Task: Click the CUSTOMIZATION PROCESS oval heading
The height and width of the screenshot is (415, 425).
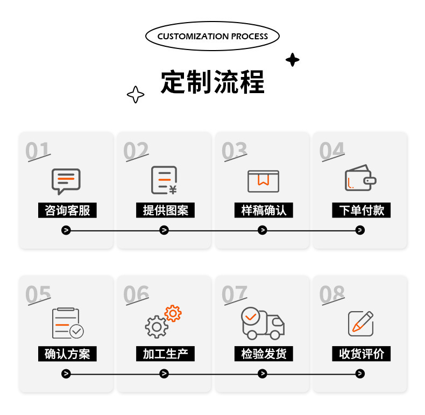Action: pos(212,36)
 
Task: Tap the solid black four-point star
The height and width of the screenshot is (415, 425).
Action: pos(293,60)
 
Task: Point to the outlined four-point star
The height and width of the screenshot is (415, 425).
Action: pos(136,94)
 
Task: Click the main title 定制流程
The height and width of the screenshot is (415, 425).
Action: pos(212,82)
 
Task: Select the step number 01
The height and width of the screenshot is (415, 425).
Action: pos(38,151)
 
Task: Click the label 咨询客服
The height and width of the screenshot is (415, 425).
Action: pos(67,210)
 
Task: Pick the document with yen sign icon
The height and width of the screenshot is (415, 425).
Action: pos(164,180)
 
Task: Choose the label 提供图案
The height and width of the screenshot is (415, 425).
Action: pos(165,210)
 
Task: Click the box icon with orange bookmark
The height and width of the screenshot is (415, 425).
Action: pos(263,181)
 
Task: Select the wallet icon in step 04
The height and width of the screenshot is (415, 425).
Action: pos(360,178)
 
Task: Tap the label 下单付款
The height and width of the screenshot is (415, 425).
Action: pos(362,210)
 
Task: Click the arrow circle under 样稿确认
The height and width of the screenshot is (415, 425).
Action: pos(262,230)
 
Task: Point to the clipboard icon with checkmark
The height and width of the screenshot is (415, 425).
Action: pos(68,323)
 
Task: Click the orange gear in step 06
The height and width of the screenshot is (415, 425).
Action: pos(173,314)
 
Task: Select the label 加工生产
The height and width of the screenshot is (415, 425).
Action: pos(165,354)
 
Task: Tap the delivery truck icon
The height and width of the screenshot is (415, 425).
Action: pos(263,323)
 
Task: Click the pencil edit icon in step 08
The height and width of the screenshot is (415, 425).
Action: pos(361,323)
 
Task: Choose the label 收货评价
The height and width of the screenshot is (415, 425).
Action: pos(362,354)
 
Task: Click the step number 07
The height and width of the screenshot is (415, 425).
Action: pos(234,294)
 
